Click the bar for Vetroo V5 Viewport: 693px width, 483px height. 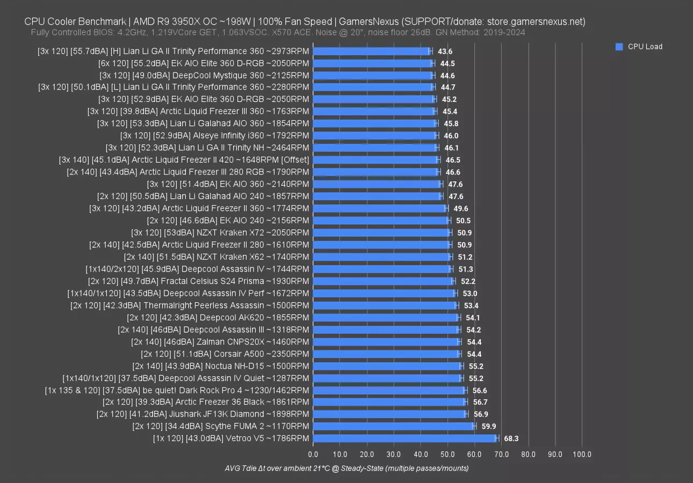[x=405, y=438]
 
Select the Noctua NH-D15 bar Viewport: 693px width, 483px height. [x=387, y=366]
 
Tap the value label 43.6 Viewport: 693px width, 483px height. [x=445, y=52]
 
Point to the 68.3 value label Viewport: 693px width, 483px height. [x=511, y=438]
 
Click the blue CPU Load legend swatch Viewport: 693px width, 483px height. [x=619, y=47]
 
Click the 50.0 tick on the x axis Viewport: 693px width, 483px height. [x=447, y=455]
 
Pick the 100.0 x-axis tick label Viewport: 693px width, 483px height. [x=582, y=455]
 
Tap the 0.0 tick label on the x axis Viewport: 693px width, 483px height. [x=313, y=455]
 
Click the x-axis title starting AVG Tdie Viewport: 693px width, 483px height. [x=346, y=468]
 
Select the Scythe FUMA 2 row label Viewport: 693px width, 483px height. [x=221, y=426]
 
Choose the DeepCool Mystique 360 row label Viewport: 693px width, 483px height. [x=205, y=75]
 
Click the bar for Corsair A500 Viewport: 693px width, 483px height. [x=386, y=354]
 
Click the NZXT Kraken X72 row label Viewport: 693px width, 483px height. [x=220, y=232]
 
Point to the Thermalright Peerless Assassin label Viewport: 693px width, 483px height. [x=190, y=305]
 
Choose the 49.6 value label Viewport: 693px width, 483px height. [x=460, y=208]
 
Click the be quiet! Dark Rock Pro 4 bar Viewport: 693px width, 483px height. [x=389, y=390]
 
